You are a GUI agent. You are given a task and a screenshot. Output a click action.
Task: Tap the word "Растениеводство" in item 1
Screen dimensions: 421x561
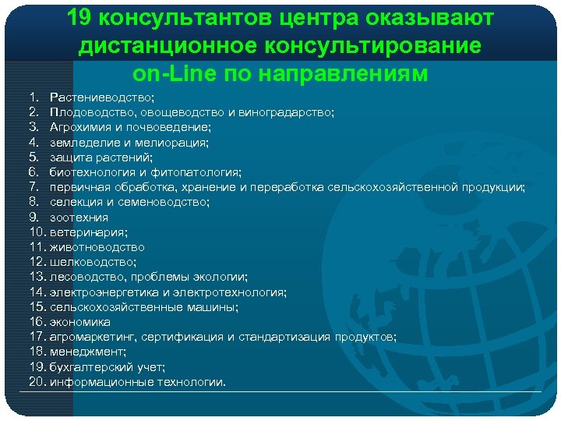click(x=102, y=97)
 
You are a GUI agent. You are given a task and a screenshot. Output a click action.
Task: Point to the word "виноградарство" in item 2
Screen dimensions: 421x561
click(x=291, y=112)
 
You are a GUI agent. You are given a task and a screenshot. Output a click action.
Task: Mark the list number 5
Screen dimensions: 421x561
click(x=34, y=157)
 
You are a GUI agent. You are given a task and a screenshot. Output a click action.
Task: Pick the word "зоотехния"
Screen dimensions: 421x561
click(x=79, y=218)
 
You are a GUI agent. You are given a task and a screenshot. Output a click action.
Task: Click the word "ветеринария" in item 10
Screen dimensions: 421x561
click(x=88, y=232)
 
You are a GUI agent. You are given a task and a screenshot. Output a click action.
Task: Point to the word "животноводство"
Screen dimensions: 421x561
click(x=97, y=247)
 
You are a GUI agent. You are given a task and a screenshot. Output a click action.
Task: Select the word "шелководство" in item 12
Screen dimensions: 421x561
click(x=92, y=262)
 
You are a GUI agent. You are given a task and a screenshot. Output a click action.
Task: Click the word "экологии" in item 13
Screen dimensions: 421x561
click(x=222, y=277)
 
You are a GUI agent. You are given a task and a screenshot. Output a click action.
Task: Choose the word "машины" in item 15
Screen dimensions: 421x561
click(x=213, y=307)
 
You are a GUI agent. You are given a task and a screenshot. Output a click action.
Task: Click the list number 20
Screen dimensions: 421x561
click(x=37, y=382)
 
